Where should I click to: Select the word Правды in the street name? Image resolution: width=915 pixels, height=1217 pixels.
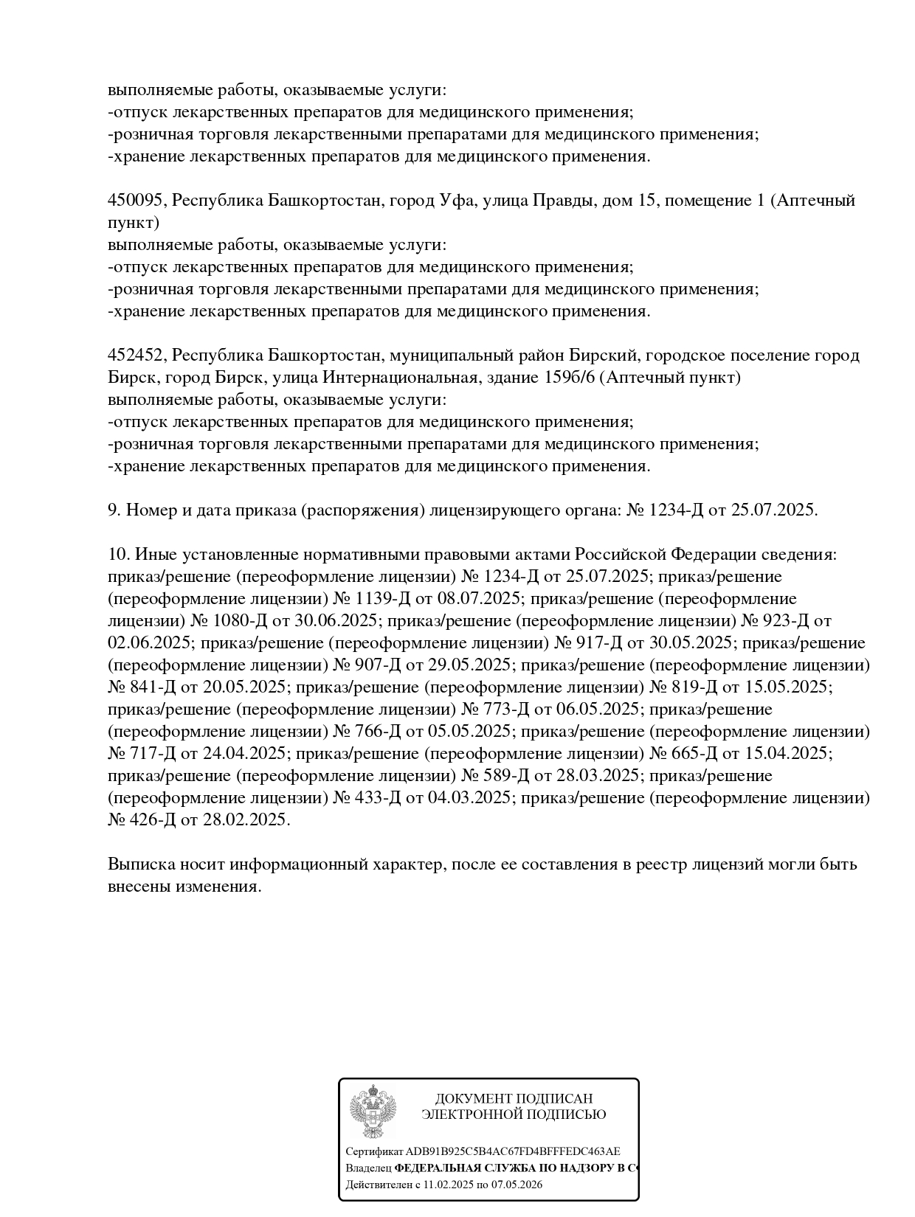565,201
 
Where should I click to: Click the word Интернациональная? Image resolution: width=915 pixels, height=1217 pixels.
398,378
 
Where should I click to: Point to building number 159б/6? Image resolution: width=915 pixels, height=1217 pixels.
573,378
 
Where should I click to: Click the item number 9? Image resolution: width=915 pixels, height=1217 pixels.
114,510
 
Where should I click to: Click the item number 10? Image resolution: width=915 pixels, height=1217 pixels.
117,555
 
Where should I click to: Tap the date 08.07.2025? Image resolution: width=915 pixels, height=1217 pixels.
479,599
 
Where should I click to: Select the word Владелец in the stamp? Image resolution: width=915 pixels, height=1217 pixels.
368,1168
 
